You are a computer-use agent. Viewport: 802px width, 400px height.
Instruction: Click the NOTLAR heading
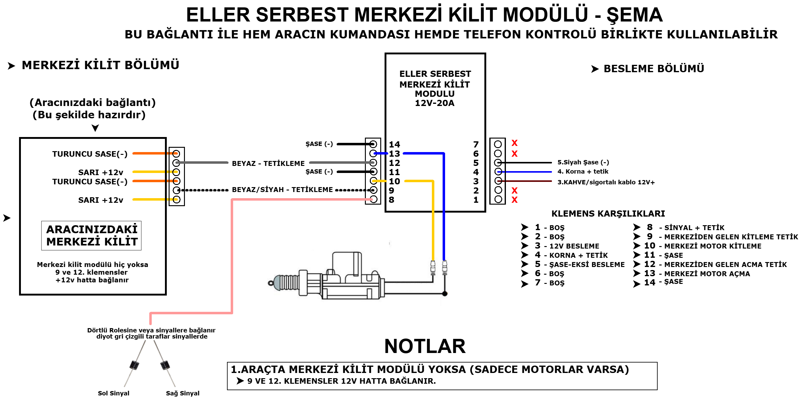point(425,346)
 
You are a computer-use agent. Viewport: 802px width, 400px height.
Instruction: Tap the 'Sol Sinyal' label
point(113,393)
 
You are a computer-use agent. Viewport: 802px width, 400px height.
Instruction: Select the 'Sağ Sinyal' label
point(182,393)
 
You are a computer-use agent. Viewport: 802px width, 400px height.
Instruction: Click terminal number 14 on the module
point(394,144)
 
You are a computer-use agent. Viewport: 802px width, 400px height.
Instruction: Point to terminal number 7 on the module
point(476,144)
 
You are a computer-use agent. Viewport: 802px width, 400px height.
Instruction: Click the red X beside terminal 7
point(514,143)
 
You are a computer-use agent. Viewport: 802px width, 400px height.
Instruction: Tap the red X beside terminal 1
point(514,200)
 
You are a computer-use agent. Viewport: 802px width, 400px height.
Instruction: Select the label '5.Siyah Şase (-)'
point(583,162)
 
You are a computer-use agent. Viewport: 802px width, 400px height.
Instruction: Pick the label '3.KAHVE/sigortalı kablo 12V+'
point(606,182)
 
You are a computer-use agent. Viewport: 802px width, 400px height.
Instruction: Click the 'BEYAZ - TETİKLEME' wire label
point(268,163)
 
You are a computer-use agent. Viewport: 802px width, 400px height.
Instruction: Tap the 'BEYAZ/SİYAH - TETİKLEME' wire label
point(282,190)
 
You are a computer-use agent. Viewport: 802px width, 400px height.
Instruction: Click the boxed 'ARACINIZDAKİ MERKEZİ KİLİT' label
point(92,235)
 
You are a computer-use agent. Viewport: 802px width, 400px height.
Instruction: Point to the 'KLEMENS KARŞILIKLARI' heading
point(608,214)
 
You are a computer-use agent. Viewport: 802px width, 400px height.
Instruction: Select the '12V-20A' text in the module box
point(435,103)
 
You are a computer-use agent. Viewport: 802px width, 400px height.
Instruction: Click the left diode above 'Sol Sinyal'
point(135,364)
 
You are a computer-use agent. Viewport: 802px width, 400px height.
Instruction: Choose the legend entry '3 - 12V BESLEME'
point(567,246)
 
